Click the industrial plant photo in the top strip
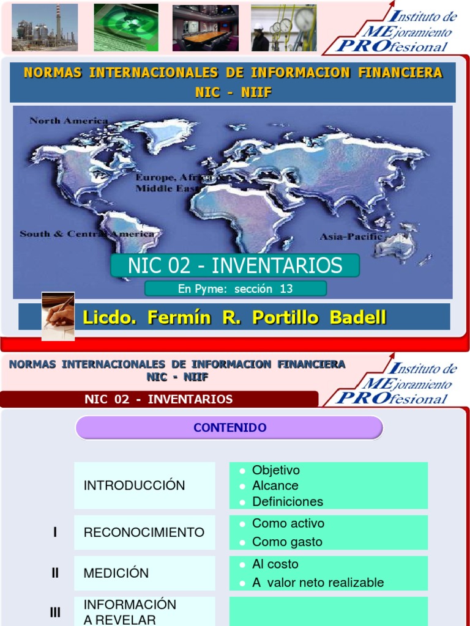tap(45, 28)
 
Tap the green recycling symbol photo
tap(125, 28)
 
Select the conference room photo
tap(205, 28)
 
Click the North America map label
tap(69, 120)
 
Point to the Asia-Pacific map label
tap(351, 236)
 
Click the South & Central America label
tap(86, 234)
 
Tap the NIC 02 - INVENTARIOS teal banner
tap(234, 266)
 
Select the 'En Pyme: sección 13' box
tap(236, 289)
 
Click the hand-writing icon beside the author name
tap(58, 315)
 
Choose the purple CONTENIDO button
tap(229, 428)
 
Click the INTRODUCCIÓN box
tap(144, 485)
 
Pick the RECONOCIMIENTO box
tap(144, 532)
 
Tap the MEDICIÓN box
tap(144, 573)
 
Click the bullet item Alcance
tap(275, 485)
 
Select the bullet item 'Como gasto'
tap(287, 542)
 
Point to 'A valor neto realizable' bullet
tap(318, 583)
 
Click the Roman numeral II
tap(55, 573)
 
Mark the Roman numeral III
tap(55, 611)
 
